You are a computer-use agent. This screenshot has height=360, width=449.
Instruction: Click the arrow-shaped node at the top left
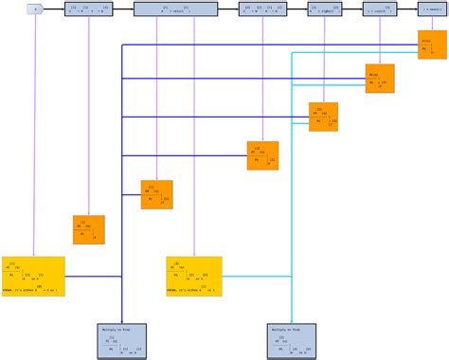(x=34, y=9)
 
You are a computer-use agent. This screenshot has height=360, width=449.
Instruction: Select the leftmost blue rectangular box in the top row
(x=90, y=9)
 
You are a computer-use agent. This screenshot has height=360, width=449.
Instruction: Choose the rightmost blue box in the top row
(x=433, y=9)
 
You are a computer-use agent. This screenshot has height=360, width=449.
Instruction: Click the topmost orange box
(x=432, y=45)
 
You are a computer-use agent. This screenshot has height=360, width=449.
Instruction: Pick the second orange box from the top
(x=380, y=80)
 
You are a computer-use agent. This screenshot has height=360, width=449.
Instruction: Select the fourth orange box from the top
(x=262, y=155)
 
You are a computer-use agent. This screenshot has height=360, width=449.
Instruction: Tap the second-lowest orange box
(x=156, y=194)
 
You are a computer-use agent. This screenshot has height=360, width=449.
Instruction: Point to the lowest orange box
(x=88, y=230)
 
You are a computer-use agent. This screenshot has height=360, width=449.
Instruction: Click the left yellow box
(x=33, y=276)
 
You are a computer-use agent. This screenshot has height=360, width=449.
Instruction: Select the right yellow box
(x=194, y=276)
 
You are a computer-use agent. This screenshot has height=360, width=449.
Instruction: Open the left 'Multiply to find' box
(x=121, y=341)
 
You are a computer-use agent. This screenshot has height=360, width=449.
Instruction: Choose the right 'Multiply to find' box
(x=293, y=341)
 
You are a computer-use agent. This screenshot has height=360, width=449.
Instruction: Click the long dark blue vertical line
(x=122, y=189)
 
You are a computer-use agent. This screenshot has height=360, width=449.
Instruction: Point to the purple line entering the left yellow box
(x=34, y=142)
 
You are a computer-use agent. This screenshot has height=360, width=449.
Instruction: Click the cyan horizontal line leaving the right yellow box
(x=256, y=277)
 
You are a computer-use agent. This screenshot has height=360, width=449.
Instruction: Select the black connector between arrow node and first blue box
(x=53, y=9)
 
